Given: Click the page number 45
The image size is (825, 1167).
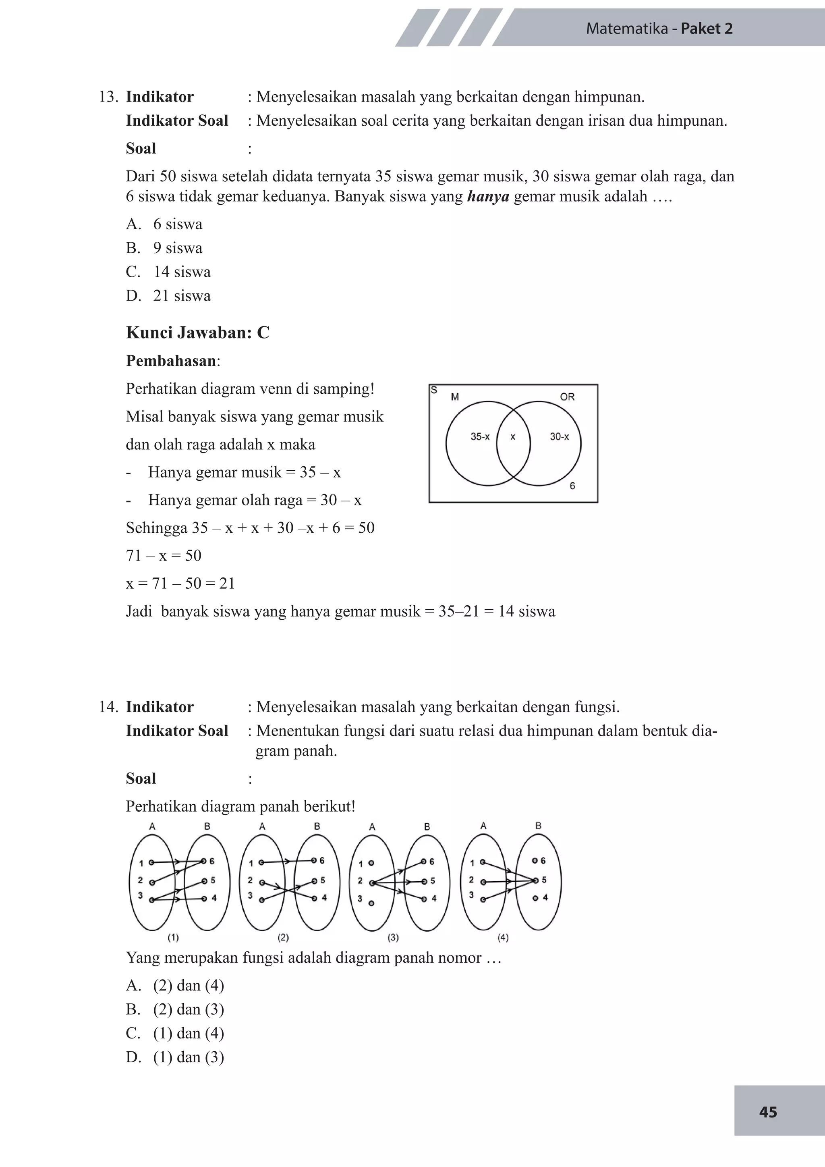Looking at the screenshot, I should [767, 1112].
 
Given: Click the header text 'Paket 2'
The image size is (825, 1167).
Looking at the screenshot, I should [706, 29].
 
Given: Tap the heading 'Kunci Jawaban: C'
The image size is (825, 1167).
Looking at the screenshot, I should [198, 332].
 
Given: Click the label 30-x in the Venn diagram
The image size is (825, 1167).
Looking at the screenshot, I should [559, 436].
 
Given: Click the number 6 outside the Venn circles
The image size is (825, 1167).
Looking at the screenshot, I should [572, 486].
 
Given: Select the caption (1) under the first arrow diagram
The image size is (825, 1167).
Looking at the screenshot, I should [173, 937].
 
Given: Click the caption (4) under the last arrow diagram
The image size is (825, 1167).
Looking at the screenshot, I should [503, 937].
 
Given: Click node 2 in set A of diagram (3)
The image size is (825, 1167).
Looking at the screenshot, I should [371, 883].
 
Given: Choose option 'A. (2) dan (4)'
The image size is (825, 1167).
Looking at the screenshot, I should [175, 986].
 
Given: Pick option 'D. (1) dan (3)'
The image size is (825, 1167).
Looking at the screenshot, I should [175, 1057].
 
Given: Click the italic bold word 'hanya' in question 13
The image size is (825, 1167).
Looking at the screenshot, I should [488, 197].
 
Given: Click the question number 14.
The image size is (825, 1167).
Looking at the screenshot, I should [108, 707].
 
